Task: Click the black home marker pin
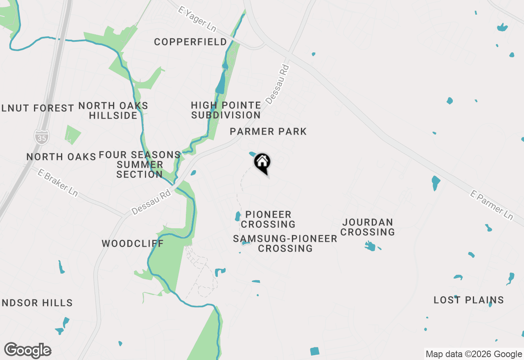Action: pos(262,162)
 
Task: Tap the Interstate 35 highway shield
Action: pos(42,137)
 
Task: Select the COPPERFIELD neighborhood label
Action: pos(190,42)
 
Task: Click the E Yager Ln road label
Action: pos(197,19)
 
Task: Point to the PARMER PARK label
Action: pos(268,131)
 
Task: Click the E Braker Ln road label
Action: pos(57,182)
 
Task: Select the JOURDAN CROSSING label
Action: pos(368,227)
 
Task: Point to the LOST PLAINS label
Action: pos(468,300)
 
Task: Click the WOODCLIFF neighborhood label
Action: pos(133,244)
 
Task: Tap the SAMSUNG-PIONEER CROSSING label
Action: pos(285,243)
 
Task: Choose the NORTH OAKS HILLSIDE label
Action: pos(113,110)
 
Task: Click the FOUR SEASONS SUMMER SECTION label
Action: pos(140,164)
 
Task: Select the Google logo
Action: pos(28,350)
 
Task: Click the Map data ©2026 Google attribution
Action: pos(474,354)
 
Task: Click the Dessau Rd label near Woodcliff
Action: pos(151,202)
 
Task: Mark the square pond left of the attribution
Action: pos(314,351)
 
